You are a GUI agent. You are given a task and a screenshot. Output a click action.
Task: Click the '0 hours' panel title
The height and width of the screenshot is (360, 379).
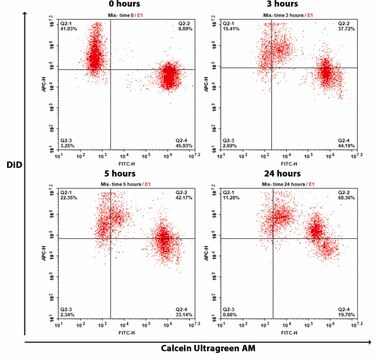[128, 4]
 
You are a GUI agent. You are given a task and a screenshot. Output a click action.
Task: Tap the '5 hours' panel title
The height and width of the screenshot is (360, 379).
[128, 174]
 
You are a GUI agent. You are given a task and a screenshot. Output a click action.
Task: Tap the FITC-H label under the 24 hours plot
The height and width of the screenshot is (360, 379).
[290, 334]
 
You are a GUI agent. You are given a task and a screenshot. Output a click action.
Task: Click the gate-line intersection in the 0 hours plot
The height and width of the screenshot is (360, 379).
[109, 69]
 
